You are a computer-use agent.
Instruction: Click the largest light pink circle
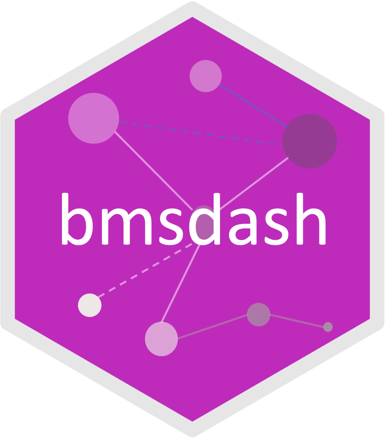(x=94, y=118)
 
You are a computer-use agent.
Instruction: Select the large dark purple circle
(x=310, y=141)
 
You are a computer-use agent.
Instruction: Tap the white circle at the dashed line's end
(x=90, y=305)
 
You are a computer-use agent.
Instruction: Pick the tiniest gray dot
(x=328, y=327)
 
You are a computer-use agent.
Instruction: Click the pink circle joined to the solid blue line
(x=206, y=76)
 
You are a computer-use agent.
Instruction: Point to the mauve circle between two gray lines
(x=259, y=314)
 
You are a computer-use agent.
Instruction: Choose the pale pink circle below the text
(x=161, y=339)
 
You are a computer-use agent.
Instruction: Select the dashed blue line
(x=196, y=133)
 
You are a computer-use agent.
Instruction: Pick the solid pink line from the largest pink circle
(x=153, y=170)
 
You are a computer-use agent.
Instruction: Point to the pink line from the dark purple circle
(x=255, y=182)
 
